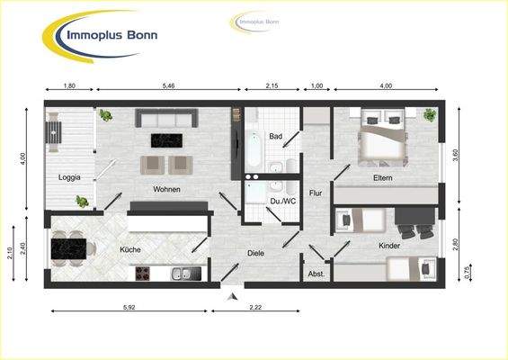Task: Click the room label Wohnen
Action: (x=166, y=189)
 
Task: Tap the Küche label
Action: (x=130, y=249)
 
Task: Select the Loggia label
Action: (x=69, y=177)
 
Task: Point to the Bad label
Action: (x=275, y=136)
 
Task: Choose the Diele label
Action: (x=256, y=254)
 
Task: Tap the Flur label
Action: (x=316, y=193)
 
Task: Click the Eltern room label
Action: (x=388, y=178)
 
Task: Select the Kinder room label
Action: (x=389, y=245)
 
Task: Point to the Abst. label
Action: (x=316, y=273)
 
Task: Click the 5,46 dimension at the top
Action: (x=168, y=85)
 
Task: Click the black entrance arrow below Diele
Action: (x=233, y=294)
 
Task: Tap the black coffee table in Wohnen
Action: (x=166, y=139)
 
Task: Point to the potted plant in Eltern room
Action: (x=429, y=114)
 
